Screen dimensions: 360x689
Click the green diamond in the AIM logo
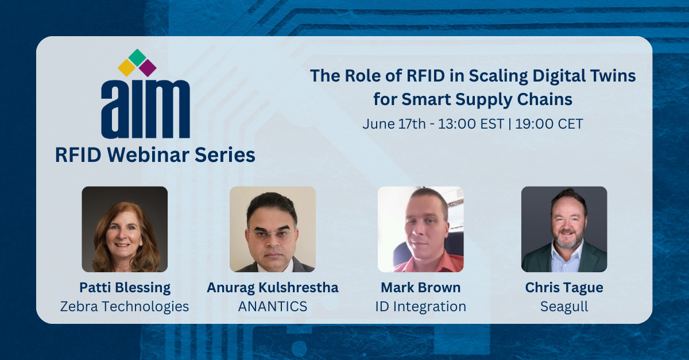pos(137,57)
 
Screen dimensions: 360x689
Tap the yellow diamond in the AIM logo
pos(126,68)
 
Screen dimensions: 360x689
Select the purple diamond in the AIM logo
pos(148,68)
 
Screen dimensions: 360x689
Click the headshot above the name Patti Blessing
pos(125,229)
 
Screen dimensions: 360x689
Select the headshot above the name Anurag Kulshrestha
pos(272,229)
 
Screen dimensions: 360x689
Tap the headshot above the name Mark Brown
pos(420,229)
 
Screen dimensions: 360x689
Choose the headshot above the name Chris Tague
pos(564,229)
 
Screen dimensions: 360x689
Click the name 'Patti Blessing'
pos(125,287)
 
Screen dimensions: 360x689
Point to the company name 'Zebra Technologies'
pos(125,307)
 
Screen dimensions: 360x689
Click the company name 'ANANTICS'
pos(272,307)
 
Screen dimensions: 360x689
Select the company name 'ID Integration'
pos(420,307)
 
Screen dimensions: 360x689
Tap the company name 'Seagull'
pos(564,307)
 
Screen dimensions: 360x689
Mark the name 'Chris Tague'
pos(564,287)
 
